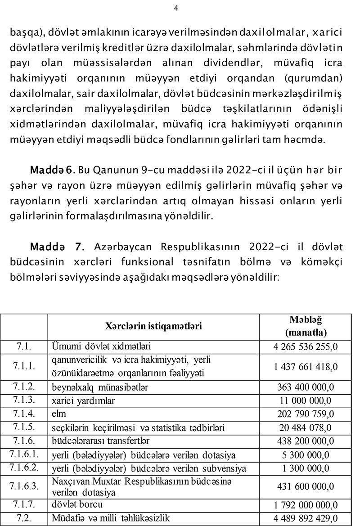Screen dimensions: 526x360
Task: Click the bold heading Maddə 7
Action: [57, 247]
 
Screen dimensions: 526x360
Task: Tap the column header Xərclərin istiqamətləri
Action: [153, 326]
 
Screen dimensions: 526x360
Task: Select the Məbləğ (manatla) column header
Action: [306, 326]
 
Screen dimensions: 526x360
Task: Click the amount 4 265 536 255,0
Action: [306, 347]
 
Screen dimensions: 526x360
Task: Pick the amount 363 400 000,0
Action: [306, 387]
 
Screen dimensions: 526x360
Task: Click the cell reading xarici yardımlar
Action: [83, 400]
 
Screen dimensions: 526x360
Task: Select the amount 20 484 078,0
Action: [306, 427]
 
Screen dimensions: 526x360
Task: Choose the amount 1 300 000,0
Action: [306, 468]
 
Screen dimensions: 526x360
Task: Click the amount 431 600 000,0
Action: [306, 486]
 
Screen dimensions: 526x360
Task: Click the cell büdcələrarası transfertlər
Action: [101, 441]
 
